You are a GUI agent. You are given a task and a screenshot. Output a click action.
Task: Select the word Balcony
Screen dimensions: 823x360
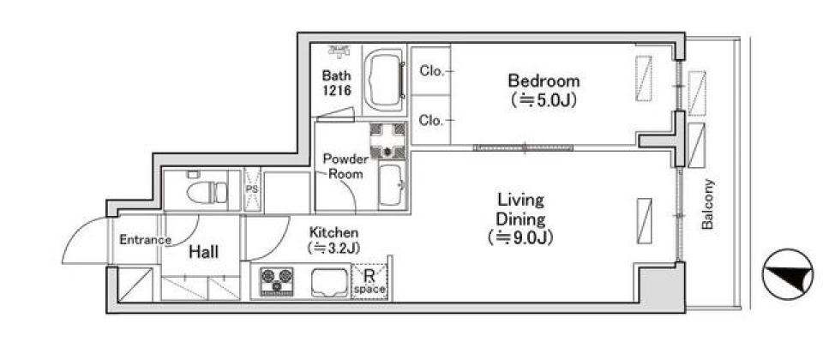(x=708, y=204)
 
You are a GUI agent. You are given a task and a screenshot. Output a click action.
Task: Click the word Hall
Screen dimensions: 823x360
(x=204, y=252)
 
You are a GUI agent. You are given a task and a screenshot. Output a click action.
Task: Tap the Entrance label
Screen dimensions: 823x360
(x=146, y=240)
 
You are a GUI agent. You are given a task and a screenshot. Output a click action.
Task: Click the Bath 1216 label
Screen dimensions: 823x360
(x=336, y=82)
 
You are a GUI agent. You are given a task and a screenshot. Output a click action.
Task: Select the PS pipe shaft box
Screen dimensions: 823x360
(x=252, y=189)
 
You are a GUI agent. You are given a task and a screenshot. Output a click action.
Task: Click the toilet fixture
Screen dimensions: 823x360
(x=207, y=191)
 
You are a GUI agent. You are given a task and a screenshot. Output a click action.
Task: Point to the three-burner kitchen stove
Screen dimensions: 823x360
(x=276, y=281)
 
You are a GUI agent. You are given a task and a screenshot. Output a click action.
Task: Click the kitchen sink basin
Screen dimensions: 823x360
(x=329, y=283)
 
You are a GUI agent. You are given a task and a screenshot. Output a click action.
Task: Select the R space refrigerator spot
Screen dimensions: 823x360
(x=370, y=282)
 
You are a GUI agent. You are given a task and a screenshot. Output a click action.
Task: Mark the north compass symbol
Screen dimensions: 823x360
(x=787, y=274)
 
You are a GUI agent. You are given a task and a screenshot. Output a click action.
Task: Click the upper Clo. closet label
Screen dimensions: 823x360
(x=432, y=71)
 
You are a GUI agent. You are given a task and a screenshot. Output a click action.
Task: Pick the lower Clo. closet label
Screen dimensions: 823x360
(x=432, y=120)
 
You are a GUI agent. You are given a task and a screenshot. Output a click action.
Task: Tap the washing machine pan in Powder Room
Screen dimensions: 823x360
(x=387, y=141)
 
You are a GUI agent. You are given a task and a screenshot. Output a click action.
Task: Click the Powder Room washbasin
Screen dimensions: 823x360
(x=391, y=186)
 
